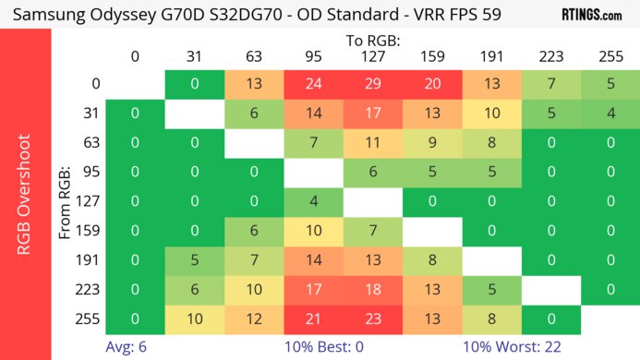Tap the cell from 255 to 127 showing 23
point(373,319)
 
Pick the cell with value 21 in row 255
point(314,319)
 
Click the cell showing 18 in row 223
point(373,290)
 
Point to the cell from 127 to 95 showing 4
point(314,202)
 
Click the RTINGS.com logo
point(591,16)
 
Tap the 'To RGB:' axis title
point(372,41)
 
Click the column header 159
point(432,57)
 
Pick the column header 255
point(610,57)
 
